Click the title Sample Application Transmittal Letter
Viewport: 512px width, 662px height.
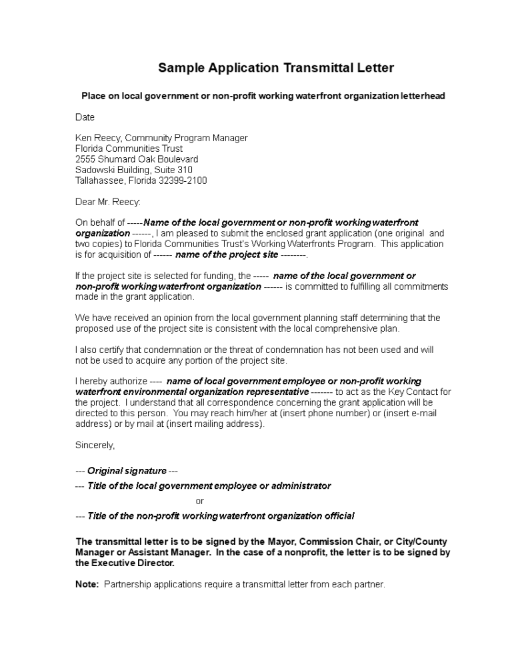pos(276,68)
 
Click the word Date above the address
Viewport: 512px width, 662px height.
pos(85,117)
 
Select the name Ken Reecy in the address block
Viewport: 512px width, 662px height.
pos(97,138)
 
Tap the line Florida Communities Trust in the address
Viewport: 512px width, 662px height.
pos(129,149)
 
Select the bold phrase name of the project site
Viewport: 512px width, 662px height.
pos(227,254)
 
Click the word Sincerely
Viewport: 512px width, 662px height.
pos(95,445)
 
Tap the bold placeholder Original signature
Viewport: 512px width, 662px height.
pos(127,471)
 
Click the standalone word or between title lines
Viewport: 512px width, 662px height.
pos(200,501)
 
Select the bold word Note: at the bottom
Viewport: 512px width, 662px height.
pos(87,585)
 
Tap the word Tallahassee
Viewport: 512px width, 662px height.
pos(99,180)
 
